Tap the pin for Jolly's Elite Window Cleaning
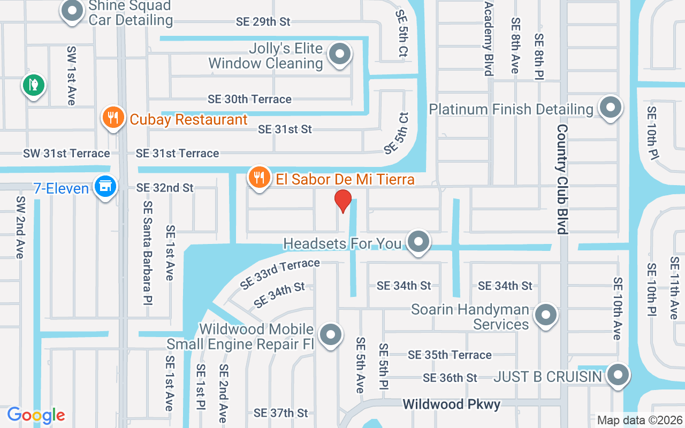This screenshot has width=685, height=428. pyautogui.click(x=339, y=54)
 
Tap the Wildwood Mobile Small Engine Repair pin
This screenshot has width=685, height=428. pyautogui.click(x=330, y=335)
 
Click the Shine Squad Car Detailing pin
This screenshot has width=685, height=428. pyautogui.click(x=71, y=11)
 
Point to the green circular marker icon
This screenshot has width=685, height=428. pyautogui.click(x=34, y=85)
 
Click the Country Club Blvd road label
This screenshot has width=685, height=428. pyautogui.click(x=562, y=179)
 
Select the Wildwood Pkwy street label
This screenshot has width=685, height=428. pyautogui.click(x=452, y=404)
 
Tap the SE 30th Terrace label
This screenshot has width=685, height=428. pyautogui.click(x=250, y=99)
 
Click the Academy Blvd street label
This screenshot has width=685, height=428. pyautogui.click(x=488, y=32)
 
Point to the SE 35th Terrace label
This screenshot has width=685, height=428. pyautogui.click(x=450, y=355)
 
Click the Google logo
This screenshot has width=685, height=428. pyautogui.click(x=36, y=415)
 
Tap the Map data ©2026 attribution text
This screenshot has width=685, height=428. pyautogui.click(x=640, y=420)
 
